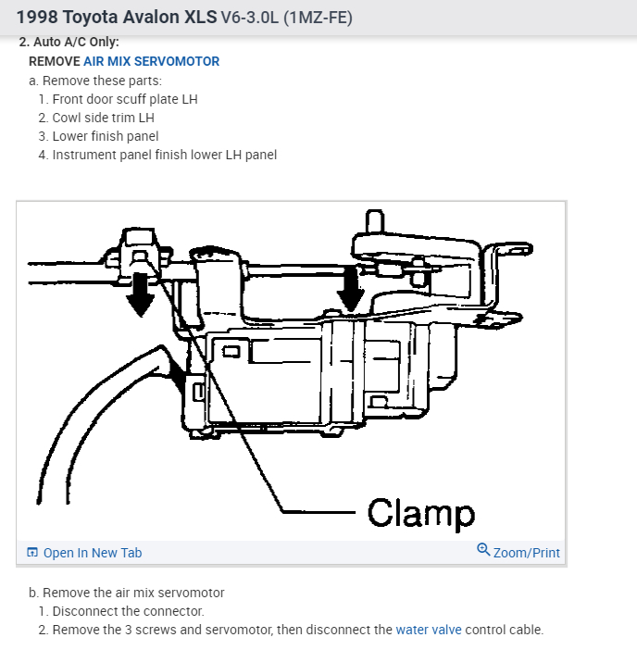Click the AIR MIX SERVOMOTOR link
pos(151,61)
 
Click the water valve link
pos(428,630)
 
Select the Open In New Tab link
pos(92,553)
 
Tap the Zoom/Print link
pos(526,553)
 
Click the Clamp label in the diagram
pos(420,512)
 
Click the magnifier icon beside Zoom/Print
pos(483,550)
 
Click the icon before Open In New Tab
pos(32,553)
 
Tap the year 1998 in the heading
pos(38,18)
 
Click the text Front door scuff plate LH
pos(125,99)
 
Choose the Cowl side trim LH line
pos(103,118)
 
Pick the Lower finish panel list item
pos(106,136)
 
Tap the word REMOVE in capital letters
pos(54,61)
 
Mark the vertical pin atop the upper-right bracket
pos(374,220)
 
